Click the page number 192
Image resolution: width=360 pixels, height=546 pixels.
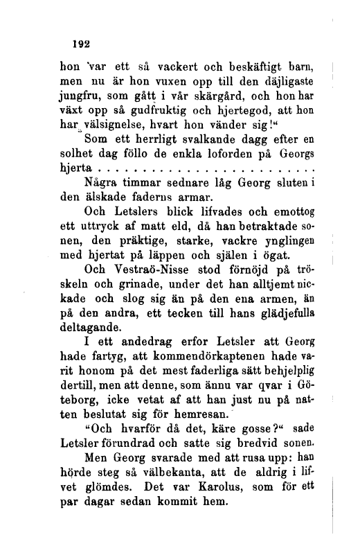pos(82,43)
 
